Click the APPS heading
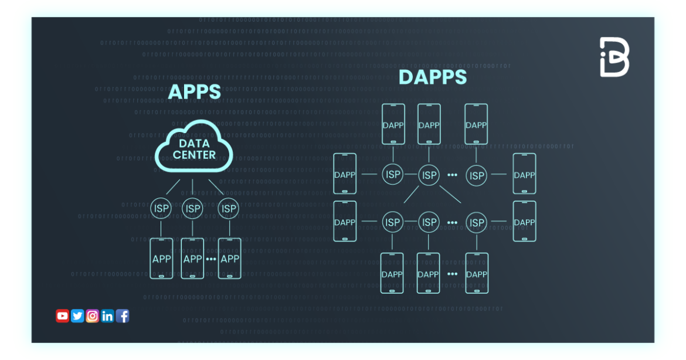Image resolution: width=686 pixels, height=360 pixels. (194, 92)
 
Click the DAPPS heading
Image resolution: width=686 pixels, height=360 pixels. (433, 77)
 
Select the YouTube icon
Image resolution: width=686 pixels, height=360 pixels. (62, 316)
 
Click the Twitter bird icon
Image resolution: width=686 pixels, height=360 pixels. (77, 316)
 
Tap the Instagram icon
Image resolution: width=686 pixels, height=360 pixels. (92, 316)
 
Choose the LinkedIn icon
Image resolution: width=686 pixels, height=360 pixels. (107, 316)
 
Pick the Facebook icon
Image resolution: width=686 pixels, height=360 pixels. (123, 316)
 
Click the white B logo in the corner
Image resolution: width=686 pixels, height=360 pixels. (614, 57)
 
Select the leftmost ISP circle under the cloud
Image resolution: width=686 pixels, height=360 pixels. (161, 208)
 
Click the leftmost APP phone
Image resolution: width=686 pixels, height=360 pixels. (161, 259)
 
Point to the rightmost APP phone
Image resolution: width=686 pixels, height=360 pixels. (229, 259)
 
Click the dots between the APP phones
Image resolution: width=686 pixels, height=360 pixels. (211, 259)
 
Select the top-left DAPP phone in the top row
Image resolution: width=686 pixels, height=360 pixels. (393, 124)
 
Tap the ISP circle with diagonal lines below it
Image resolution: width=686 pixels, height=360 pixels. (429, 175)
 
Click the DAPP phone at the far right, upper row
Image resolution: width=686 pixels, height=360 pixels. (524, 174)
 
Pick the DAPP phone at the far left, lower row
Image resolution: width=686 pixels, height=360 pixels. (345, 222)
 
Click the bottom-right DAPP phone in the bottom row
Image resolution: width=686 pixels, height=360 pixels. (476, 273)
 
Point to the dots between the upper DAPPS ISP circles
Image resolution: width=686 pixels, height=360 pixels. (453, 175)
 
